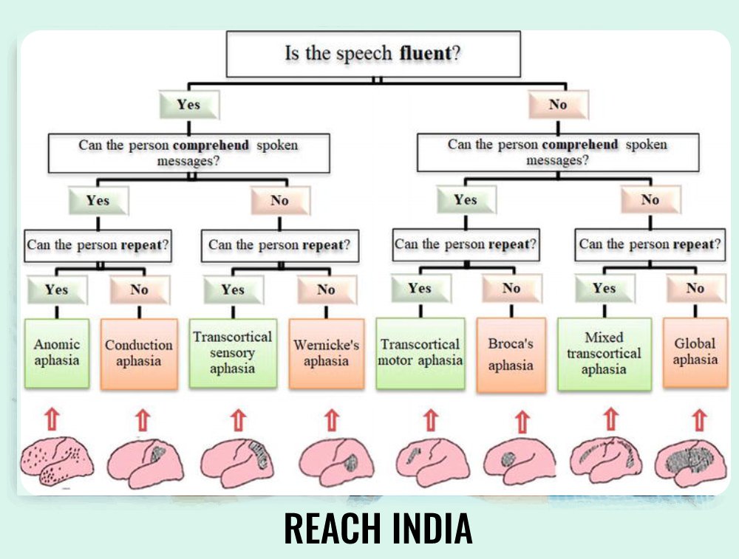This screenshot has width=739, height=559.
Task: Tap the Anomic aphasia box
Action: point(56,353)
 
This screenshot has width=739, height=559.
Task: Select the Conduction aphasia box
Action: point(139,354)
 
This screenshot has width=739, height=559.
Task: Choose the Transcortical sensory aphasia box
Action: point(233,353)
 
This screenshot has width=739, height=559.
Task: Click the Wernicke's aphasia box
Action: point(326,354)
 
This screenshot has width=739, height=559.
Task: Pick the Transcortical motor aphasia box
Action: point(420,353)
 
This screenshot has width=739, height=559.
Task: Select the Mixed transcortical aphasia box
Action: point(604,354)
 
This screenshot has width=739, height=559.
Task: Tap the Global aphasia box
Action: point(695,353)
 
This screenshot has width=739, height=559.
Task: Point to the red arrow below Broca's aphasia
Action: point(522,422)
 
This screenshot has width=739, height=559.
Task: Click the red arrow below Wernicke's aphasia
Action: point(332,420)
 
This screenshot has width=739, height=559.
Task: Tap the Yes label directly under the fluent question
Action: point(189,105)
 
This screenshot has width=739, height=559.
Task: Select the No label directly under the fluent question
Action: point(558,105)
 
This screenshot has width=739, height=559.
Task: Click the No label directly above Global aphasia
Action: point(695,289)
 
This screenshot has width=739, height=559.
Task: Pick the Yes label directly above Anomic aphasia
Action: point(56,289)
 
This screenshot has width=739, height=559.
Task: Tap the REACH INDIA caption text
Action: point(378,528)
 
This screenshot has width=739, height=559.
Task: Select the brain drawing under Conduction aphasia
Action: point(144,462)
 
